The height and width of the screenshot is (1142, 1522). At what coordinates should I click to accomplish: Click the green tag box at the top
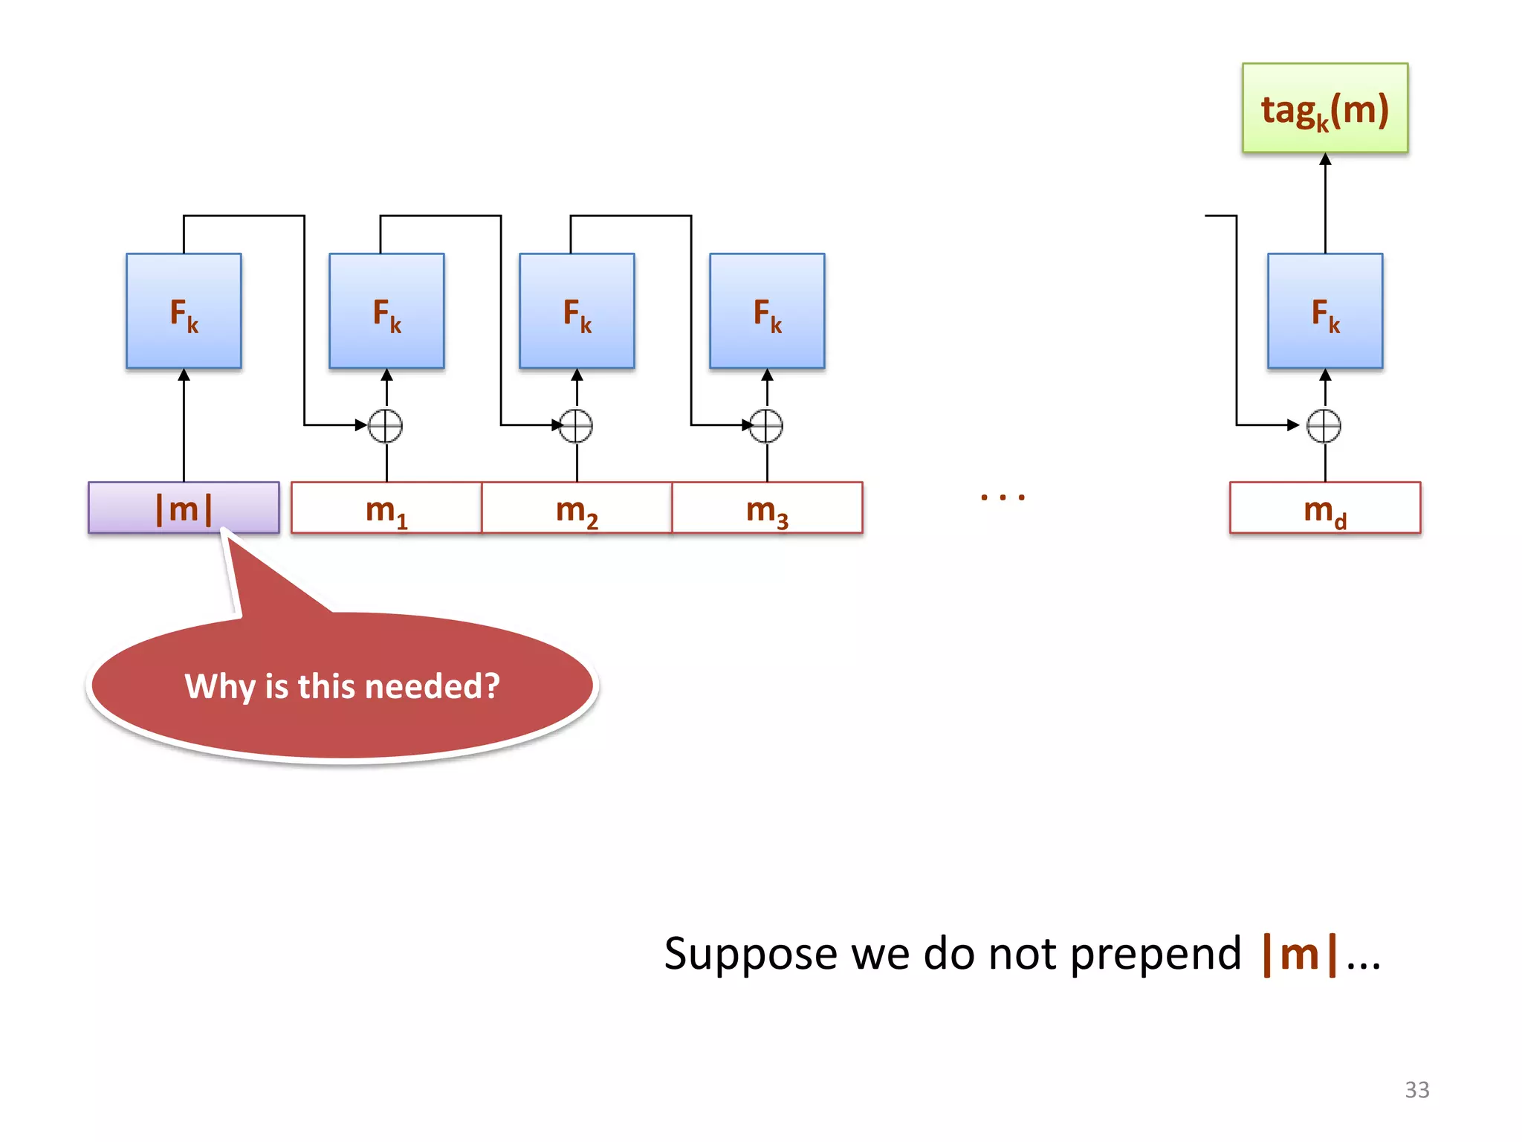pyautogui.click(x=1324, y=109)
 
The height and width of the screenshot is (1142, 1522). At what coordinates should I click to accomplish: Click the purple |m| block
pyautogui.click(x=184, y=508)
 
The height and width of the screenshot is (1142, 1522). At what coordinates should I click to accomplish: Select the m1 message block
pyautogui.click(x=386, y=509)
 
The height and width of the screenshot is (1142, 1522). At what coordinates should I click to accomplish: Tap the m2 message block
pyautogui.click(x=577, y=509)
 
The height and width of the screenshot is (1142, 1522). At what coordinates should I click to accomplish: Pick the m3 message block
pyautogui.click(x=767, y=509)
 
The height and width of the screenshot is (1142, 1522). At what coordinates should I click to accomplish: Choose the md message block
pyautogui.click(x=1324, y=509)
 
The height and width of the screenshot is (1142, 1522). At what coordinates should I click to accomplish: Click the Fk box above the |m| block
pyautogui.click(x=184, y=311)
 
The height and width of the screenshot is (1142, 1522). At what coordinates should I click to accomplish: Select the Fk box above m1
pyautogui.click(x=386, y=311)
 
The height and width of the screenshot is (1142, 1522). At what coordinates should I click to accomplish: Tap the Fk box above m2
pyautogui.click(x=577, y=311)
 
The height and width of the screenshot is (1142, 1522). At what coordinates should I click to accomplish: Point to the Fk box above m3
pyautogui.click(x=767, y=311)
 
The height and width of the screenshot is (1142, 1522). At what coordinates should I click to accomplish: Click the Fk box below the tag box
pyautogui.click(x=1324, y=311)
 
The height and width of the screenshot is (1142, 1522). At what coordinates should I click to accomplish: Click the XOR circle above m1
pyautogui.click(x=386, y=426)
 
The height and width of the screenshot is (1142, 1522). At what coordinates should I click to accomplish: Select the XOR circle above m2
pyautogui.click(x=576, y=426)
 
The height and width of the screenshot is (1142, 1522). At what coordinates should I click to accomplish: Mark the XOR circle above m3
pyautogui.click(x=766, y=426)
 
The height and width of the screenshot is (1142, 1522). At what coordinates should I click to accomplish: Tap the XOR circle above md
pyautogui.click(x=1324, y=426)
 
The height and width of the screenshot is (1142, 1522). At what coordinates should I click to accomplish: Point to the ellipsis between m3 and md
pyautogui.click(x=1003, y=497)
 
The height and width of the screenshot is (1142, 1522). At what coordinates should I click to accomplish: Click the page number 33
pyautogui.click(x=1416, y=1090)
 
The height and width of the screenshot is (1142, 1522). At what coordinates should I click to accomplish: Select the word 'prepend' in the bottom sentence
pyautogui.click(x=1156, y=954)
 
